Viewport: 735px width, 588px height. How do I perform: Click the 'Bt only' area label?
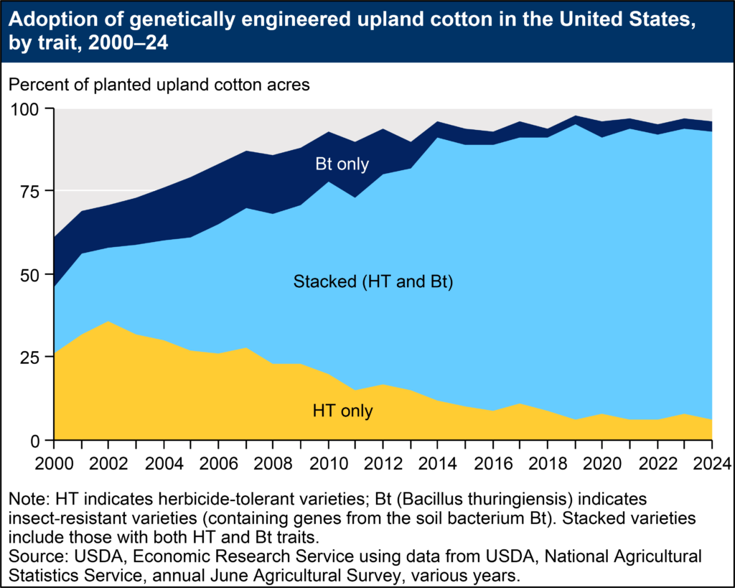point(342,164)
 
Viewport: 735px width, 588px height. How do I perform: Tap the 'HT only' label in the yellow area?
point(343,411)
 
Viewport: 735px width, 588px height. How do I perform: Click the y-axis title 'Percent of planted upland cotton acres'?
point(159,84)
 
